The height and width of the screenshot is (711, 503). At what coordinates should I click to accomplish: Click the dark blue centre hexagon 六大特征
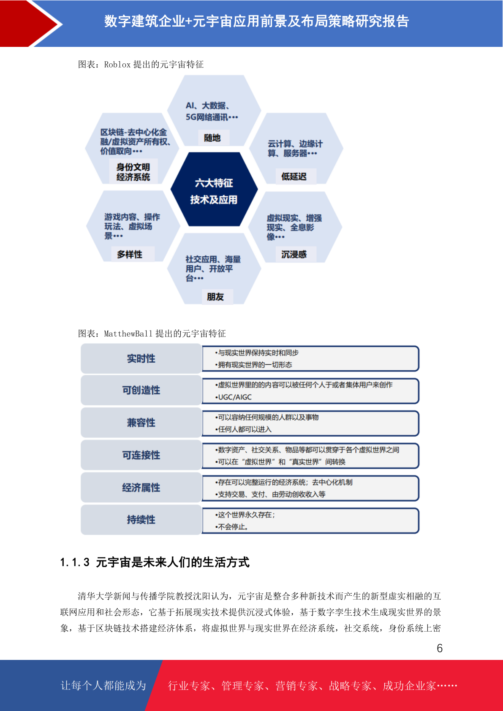[214, 189]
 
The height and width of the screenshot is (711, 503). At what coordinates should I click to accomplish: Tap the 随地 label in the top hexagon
[212, 138]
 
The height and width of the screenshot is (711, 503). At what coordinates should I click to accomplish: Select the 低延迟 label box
[294, 176]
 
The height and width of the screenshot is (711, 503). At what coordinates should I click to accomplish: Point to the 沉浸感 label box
[294, 254]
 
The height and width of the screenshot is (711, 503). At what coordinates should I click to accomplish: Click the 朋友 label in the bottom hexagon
[215, 297]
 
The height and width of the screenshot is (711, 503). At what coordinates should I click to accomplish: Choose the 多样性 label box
[130, 254]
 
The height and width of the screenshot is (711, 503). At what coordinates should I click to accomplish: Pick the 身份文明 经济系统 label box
[133, 172]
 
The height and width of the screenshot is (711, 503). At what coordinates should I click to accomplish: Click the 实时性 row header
[141, 359]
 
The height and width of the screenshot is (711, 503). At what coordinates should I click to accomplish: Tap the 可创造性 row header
[141, 390]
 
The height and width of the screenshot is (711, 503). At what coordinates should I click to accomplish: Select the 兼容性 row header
[141, 423]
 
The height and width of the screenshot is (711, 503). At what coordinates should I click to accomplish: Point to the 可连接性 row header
[141, 455]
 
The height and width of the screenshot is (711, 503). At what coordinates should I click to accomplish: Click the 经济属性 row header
[141, 488]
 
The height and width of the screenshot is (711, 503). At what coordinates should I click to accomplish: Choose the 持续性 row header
[141, 520]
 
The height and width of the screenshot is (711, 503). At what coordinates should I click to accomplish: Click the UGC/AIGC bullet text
[234, 397]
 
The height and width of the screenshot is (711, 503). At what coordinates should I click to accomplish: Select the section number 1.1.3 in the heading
[75, 562]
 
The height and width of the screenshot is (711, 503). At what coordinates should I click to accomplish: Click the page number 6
[440, 648]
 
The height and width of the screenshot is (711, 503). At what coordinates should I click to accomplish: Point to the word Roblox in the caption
[117, 65]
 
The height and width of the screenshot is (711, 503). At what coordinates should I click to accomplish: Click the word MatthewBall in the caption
[128, 334]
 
